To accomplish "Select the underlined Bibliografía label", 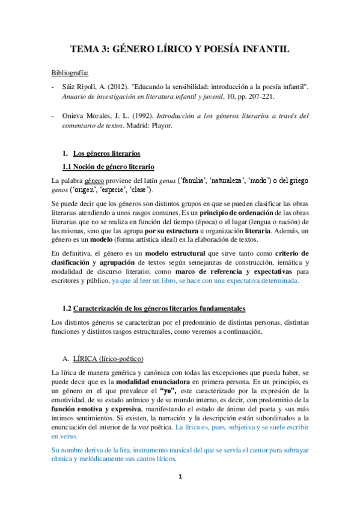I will click(x=70, y=73).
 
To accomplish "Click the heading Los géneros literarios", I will click(x=105, y=154).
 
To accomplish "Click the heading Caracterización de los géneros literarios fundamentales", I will click(x=159, y=309).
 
